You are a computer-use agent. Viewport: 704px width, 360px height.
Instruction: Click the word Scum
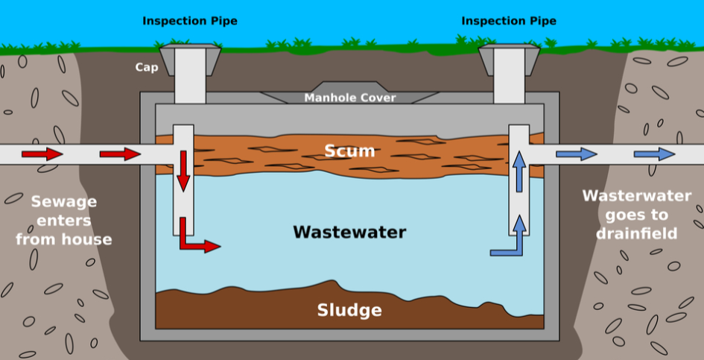click(x=349, y=151)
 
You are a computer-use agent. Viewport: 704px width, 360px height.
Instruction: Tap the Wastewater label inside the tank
click(x=349, y=232)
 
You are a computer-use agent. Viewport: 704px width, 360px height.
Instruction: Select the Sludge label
click(x=349, y=310)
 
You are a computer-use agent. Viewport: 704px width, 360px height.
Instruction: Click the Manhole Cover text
click(x=350, y=98)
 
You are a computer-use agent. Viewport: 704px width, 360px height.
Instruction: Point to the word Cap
click(x=147, y=67)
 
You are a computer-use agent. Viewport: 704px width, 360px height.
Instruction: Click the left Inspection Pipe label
click(x=190, y=21)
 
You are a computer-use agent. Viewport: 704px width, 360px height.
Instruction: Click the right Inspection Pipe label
click(x=509, y=21)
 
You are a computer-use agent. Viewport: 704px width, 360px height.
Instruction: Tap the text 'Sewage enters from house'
click(x=63, y=221)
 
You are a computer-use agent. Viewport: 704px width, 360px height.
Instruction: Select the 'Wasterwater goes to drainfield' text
click(x=637, y=215)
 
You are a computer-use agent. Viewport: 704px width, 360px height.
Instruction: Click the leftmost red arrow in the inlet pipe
click(x=42, y=154)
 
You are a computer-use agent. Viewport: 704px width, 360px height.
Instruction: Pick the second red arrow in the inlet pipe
click(x=120, y=154)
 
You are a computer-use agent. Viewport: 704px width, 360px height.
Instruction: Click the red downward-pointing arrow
click(x=183, y=171)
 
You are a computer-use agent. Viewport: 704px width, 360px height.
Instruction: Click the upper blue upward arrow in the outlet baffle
click(x=519, y=169)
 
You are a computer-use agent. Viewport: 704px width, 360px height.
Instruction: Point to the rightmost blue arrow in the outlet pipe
click(x=654, y=154)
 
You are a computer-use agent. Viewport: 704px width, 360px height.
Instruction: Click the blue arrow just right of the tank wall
click(x=577, y=154)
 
